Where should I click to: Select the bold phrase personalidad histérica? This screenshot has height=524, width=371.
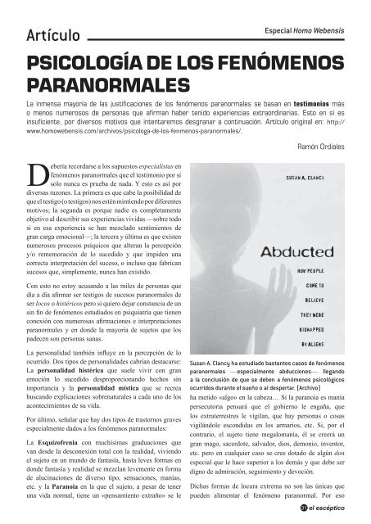point(89,371)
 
